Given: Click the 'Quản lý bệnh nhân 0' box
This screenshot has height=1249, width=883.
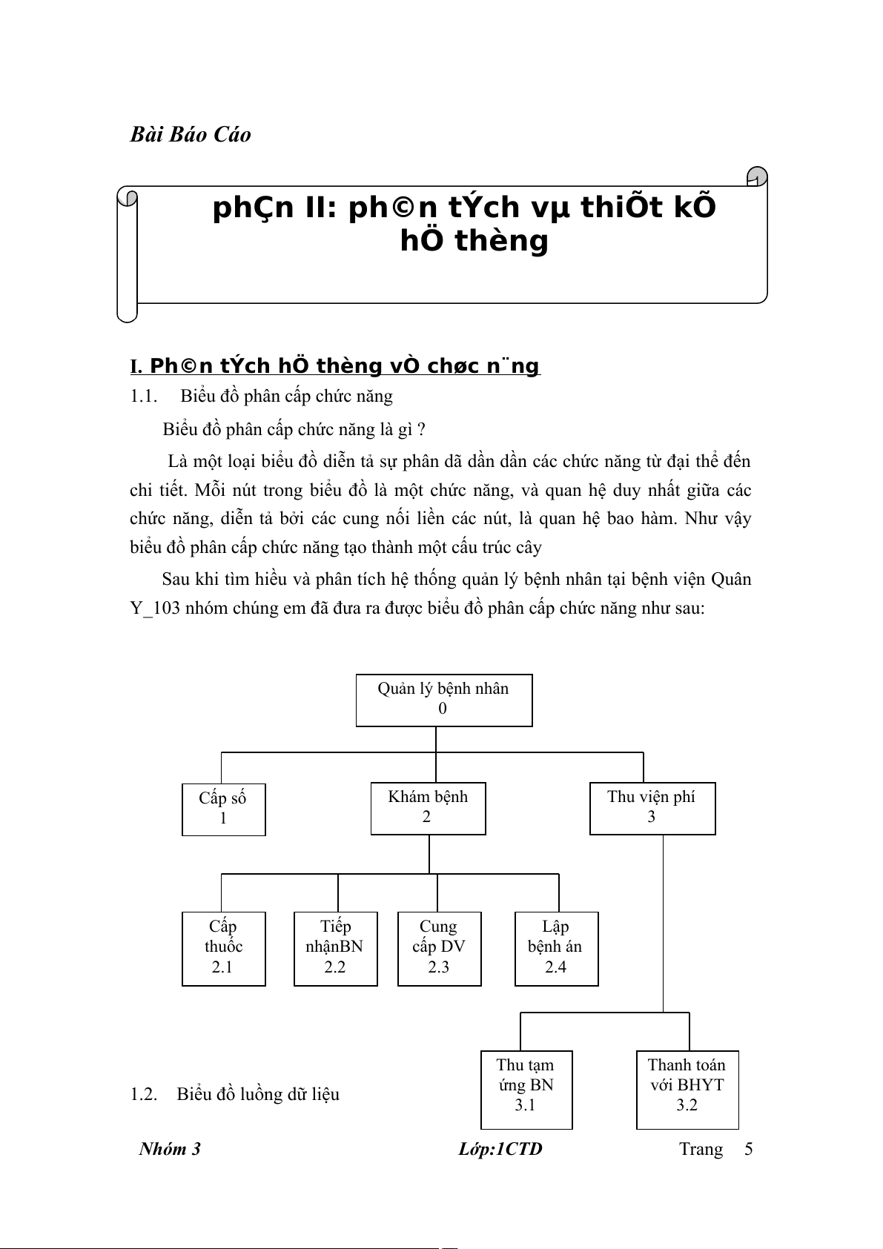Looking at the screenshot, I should pos(443,700).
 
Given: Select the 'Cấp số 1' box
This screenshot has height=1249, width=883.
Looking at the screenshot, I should pos(223,809).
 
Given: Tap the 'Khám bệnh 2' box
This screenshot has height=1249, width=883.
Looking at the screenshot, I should pos(428,808).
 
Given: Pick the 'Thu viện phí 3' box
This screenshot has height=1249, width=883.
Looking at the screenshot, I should pos(652,808).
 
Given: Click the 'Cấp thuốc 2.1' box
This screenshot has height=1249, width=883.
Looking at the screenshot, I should pos(223,948).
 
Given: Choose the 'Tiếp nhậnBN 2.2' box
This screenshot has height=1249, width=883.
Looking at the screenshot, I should pos(335,948).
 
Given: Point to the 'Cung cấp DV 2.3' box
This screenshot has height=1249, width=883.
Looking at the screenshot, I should pos(439,948).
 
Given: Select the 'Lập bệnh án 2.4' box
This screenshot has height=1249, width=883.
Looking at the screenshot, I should pos(556,948).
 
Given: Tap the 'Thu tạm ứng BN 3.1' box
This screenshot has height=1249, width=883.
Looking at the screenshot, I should pos(526,1089).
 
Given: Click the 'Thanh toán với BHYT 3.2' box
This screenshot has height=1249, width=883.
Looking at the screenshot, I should pos(687,1089).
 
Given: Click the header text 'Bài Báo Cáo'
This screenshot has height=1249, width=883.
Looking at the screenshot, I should pos(191,135).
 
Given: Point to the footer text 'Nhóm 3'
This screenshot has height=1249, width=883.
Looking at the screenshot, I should pos(170,1149).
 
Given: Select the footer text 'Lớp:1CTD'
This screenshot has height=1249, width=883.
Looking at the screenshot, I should pos(500,1149).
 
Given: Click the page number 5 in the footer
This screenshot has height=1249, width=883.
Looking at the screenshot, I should pos(749,1149).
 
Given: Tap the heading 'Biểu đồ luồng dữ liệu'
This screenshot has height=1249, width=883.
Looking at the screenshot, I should pos(258,1094).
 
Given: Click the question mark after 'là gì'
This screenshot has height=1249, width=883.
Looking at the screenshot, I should pos(421,430).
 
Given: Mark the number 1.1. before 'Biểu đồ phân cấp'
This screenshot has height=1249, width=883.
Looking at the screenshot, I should pos(144,396).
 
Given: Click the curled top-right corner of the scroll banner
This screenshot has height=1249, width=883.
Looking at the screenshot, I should pos(757,178).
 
